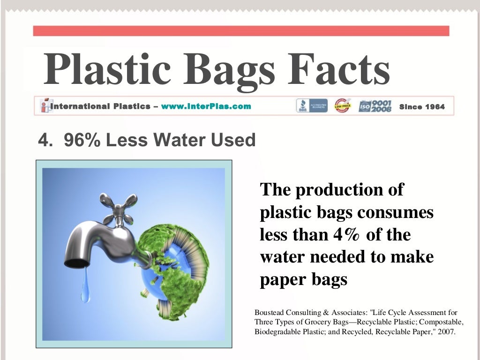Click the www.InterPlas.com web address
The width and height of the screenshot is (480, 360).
tap(206, 106)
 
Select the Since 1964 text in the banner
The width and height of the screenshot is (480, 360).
tap(422, 107)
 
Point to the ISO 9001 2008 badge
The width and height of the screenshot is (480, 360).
tap(375, 106)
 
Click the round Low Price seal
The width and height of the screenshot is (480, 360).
tap(342, 106)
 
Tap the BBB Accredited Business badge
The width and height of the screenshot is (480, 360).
tap(312, 106)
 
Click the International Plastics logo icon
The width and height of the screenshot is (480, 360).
tap(45, 106)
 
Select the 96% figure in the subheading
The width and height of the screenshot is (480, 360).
tap(82, 140)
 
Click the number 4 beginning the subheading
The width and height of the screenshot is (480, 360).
tap(43, 140)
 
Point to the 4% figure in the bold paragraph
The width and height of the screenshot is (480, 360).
tap(346, 234)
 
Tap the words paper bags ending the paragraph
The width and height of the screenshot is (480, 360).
tap(303, 279)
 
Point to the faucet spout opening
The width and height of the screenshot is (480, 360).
tap(76, 263)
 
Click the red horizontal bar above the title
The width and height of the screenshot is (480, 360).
tap(241, 31)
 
